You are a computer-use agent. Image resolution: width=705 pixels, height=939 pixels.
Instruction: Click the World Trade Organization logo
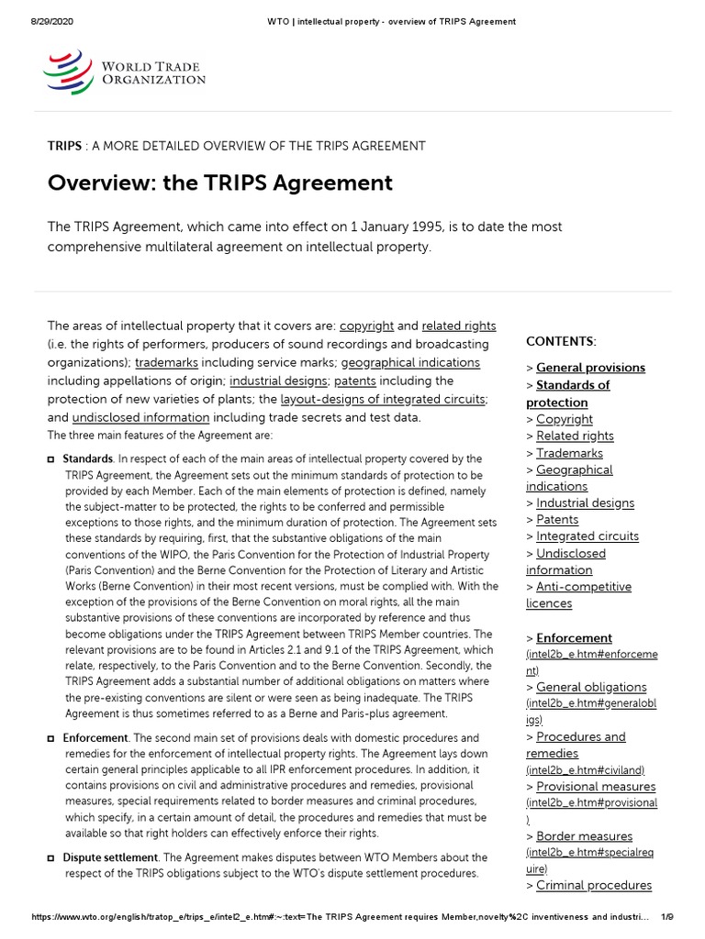click(x=125, y=73)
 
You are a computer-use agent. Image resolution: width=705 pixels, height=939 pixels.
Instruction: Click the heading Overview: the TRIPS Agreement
click(x=220, y=182)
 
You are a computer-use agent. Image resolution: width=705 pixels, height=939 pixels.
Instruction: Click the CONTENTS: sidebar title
click(x=561, y=341)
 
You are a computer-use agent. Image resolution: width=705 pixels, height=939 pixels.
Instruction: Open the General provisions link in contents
click(x=590, y=368)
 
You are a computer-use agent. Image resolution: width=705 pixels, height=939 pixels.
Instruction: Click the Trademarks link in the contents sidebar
click(x=569, y=453)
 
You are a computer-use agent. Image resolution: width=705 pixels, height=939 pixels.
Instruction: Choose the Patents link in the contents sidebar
click(x=557, y=520)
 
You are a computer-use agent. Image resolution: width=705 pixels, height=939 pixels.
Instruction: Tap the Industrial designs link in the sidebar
click(x=585, y=503)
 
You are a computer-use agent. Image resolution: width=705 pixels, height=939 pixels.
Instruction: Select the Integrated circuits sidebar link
click(x=587, y=536)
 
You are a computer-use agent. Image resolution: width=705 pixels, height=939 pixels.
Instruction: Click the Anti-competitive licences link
click(x=578, y=595)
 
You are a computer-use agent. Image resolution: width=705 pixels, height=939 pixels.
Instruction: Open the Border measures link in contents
click(x=584, y=836)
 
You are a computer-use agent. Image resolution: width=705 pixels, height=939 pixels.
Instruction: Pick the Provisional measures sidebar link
click(x=596, y=787)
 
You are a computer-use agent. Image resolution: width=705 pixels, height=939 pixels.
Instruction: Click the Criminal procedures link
click(x=594, y=886)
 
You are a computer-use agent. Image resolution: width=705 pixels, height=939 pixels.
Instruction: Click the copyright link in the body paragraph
click(x=366, y=326)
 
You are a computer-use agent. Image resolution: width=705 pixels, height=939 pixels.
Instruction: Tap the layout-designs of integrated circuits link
click(x=383, y=400)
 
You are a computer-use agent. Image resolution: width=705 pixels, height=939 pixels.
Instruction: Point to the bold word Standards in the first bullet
click(x=87, y=458)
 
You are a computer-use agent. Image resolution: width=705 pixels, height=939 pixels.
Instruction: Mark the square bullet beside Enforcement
click(x=50, y=739)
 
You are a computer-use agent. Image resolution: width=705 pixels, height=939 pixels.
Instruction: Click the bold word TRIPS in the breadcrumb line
click(x=64, y=146)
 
